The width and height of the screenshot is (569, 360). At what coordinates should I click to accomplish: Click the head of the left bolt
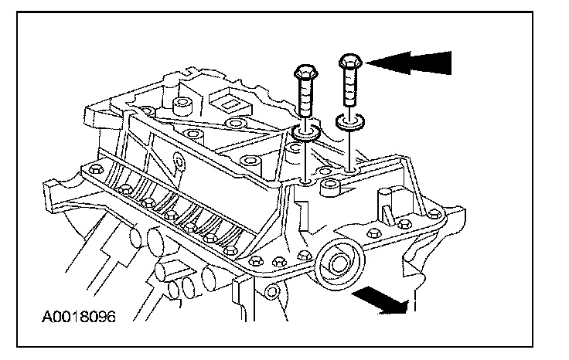pyautogui.click(x=302, y=75)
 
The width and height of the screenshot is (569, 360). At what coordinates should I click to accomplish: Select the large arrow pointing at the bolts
pyautogui.click(x=410, y=60)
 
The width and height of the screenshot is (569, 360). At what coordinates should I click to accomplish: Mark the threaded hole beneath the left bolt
pyautogui.click(x=308, y=182)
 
